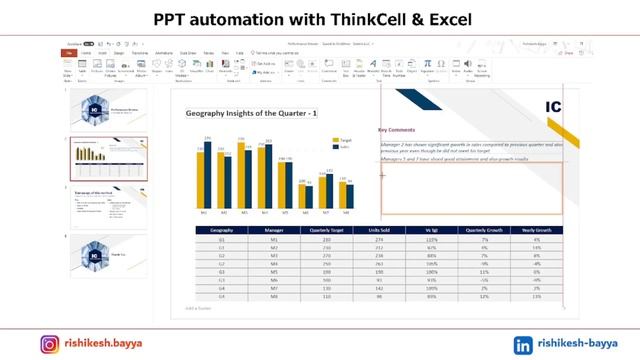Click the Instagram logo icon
(49, 344)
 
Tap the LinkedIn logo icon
(522, 344)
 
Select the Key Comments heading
(396, 130)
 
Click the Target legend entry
(344, 140)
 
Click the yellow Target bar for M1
(201, 180)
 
